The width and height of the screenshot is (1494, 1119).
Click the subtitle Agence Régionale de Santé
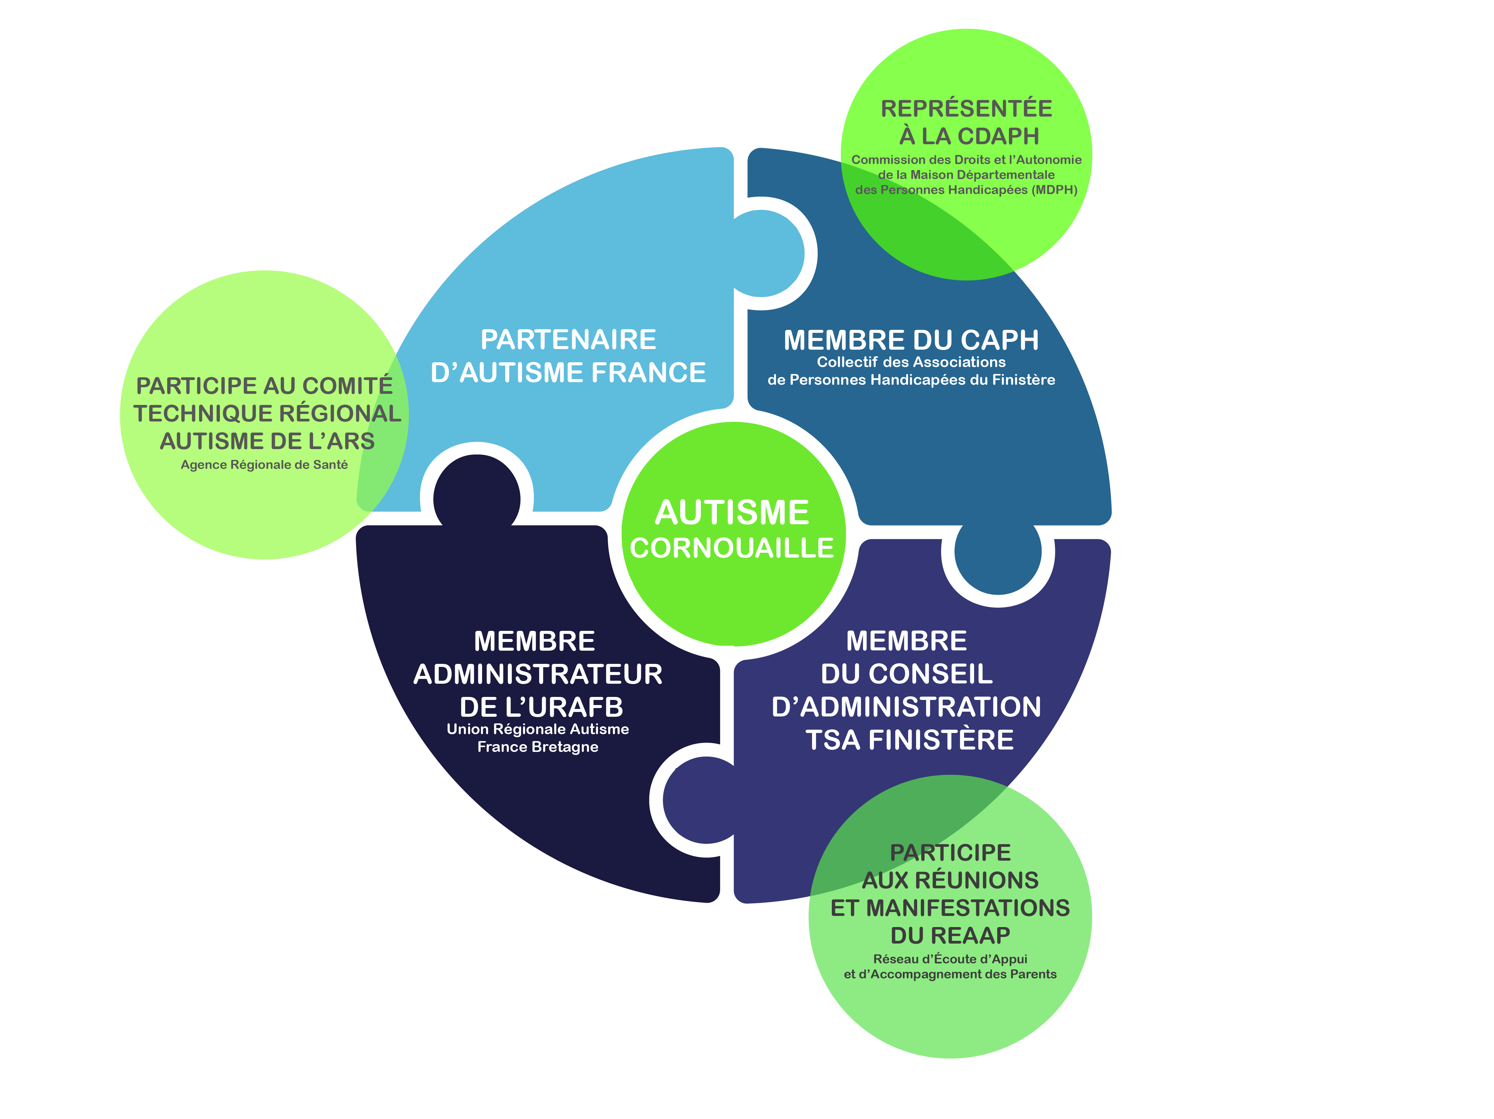coord(264,465)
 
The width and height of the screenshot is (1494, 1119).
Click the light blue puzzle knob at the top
coord(763,254)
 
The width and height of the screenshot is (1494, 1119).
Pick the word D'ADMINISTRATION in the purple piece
coord(907,707)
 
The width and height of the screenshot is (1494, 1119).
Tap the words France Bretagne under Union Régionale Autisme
coord(538,747)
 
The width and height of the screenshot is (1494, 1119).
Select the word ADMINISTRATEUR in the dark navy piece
coord(538,674)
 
